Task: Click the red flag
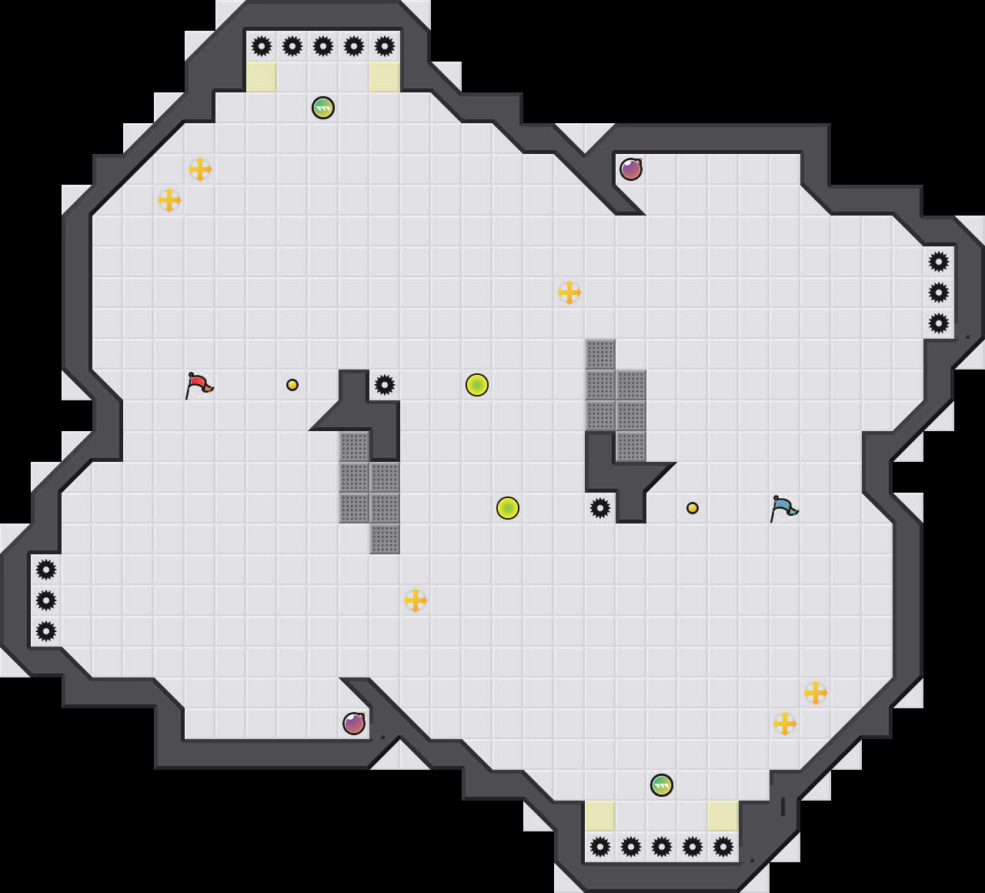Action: click(x=199, y=384)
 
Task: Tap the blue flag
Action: click(x=783, y=507)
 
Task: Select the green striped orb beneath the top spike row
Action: click(x=323, y=108)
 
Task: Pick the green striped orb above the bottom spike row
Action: click(x=662, y=785)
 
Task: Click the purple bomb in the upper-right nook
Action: click(x=631, y=169)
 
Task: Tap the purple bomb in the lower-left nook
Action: click(x=354, y=724)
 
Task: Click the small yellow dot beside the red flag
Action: click(x=292, y=385)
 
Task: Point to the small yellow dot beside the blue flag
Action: click(x=693, y=508)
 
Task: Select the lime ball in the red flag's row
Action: click(x=477, y=385)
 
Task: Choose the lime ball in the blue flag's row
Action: click(x=508, y=508)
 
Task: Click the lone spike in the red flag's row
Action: click(x=385, y=385)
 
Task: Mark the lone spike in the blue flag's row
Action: click(x=600, y=508)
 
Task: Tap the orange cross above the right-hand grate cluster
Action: click(x=569, y=293)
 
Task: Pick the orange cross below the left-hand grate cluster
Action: click(x=416, y=600)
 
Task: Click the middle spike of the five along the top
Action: click(x=323, y=46)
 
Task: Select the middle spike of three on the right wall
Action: click(x=939, y=293)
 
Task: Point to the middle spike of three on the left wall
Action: click(x=46, y=600)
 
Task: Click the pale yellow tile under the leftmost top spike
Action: click(x=262, y=77)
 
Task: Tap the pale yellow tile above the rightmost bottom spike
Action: click(x=723, y=816)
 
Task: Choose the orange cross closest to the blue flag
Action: click(x=816, y=693)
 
